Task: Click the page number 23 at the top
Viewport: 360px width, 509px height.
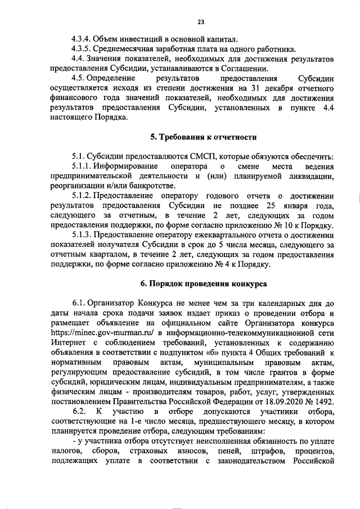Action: click(200, 22)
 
